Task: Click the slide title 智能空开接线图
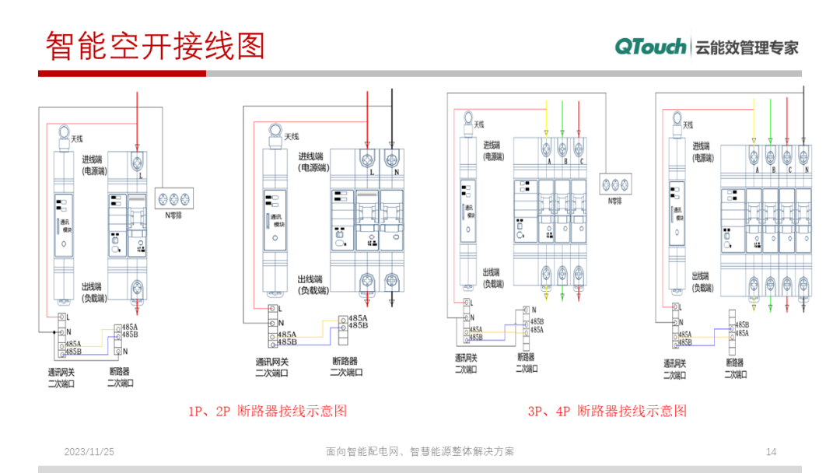click(x=156, y=46)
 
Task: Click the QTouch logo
click(x=650, y=47)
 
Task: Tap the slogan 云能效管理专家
click(x=747, y=47)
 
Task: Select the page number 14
click(x=772, y=452)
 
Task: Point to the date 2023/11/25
click(x=89, y=452)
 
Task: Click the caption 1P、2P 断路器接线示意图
click(x=267, y=411)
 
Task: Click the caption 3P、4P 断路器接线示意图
click(x=607, y=411)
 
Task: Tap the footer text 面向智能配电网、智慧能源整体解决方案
click(x=421, y=452)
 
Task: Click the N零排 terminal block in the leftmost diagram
click(x=174, y=197)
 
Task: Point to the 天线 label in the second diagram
click(x=291, y=137)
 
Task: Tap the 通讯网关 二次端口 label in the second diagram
click(x=272, y=366)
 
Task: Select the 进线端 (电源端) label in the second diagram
click(x=313, y=162)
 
